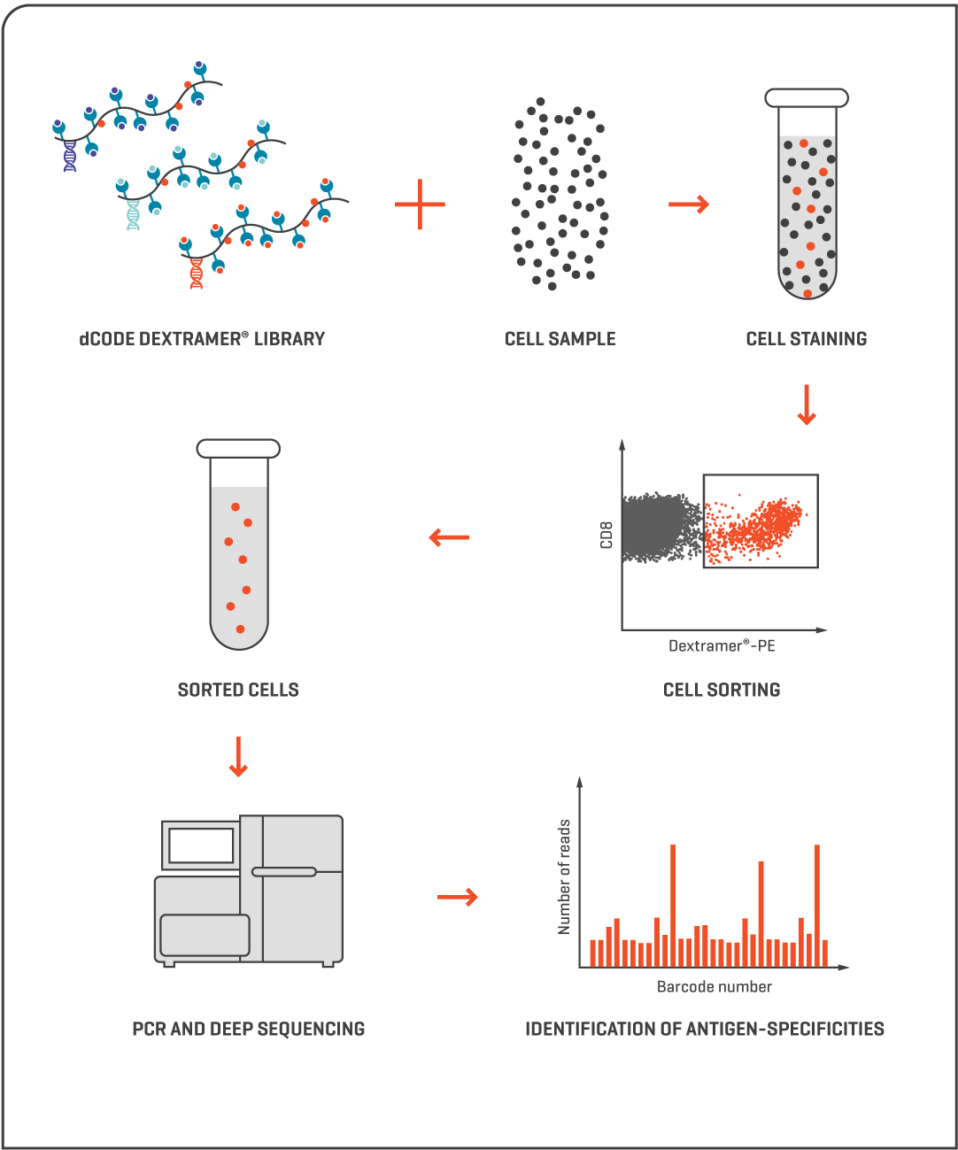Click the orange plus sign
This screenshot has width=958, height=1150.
click(420, 205)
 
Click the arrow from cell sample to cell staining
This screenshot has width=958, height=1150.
click(689, 205)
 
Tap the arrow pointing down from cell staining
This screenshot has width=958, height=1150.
click(806, 405)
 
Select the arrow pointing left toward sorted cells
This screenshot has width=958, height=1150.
click(449, 536)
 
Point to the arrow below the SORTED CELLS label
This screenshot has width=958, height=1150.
click(237, 757)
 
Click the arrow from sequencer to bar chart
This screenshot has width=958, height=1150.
click(458, 897)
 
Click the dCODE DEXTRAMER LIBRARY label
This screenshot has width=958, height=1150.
click(202, 338)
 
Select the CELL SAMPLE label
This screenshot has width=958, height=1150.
click(560, 338)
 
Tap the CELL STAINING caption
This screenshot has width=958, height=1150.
click(807, 338)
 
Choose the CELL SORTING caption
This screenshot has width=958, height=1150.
click(722, 690)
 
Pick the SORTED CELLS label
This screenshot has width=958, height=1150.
click(238, 690)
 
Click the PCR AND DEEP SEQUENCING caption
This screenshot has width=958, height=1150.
click(249, 1029)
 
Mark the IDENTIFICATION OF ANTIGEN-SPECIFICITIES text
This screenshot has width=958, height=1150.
click(705, 1029)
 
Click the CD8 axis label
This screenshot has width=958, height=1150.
click(606, 536)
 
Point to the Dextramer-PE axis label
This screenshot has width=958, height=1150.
click(722, 646)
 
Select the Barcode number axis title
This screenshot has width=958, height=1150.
click(715, 986)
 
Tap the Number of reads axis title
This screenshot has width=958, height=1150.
click(564, 876)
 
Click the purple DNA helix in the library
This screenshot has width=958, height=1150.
click(69, 156)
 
